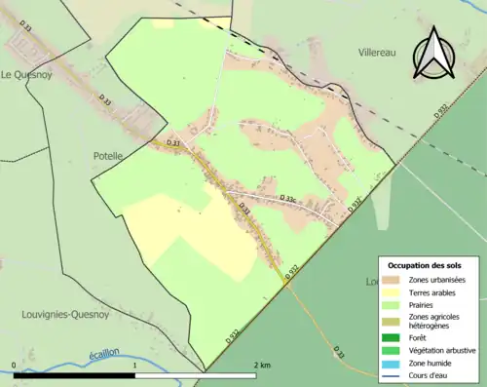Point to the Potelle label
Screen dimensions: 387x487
[x=108, y=155]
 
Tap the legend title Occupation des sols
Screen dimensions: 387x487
[x=425, y=265]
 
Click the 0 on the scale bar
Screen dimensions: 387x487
[x=15, y=365]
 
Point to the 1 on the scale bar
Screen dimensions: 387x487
[x=134, y=365]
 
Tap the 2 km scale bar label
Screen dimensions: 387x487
[x=261, y=365]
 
